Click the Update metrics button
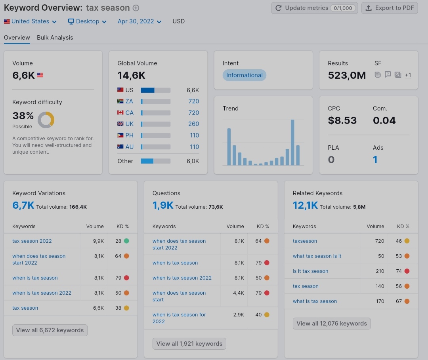[314, 8]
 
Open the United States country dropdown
[30, 21]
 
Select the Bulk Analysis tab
[55, 37]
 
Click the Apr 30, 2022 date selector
[139, 21]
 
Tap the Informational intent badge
[244, 75]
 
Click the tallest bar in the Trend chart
[292, 142]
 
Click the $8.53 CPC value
[342, 120]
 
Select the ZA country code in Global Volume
[129, 101]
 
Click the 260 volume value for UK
[193, 124]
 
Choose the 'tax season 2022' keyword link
[32, 241]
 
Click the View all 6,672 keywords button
[50, 330]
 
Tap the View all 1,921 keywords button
[189, 344]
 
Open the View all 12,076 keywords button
[332, 324]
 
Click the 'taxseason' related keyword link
[305, 241]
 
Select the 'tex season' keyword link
[306, 286]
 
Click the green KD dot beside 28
[126, 241]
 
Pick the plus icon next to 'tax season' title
[136, 8]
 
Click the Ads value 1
[375, 160]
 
